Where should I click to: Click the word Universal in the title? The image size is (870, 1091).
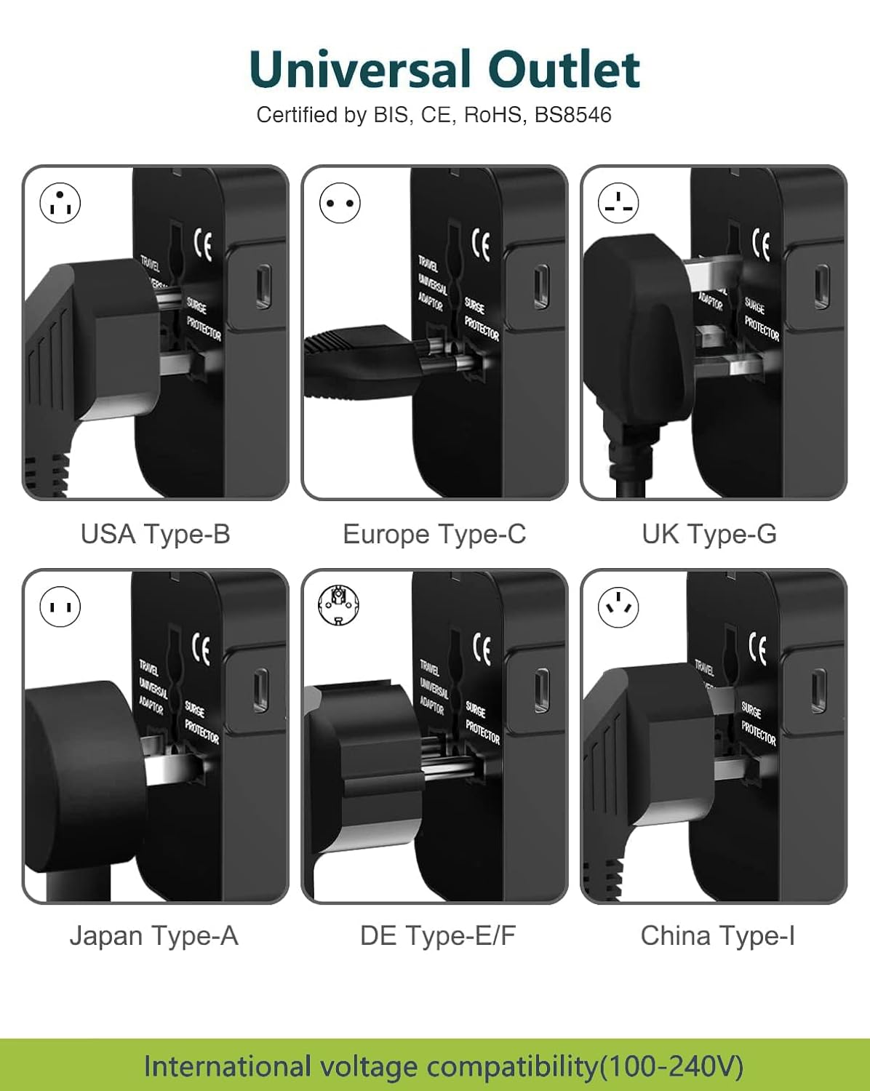click(360, 70)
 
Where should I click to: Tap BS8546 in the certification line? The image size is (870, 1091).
click(572, 115)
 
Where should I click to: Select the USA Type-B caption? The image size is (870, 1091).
click(155, 534)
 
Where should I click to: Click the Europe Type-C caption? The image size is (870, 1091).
click(434, 534)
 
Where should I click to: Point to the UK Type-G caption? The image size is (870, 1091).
click(709, 534)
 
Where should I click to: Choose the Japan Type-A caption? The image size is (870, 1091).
click(153, 935)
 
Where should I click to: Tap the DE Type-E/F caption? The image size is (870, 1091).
click(437, 935)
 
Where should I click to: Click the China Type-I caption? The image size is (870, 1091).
click(717, 935)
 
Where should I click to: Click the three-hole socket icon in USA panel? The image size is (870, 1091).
click(60, 203)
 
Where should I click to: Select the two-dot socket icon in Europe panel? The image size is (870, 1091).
click(340, 203)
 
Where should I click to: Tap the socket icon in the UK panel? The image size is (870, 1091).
click(618, 203)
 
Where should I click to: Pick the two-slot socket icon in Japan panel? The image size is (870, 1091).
click(60, 607)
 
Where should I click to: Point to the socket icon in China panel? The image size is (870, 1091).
click(618, 607)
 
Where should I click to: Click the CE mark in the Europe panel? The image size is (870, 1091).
click(482, 245)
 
